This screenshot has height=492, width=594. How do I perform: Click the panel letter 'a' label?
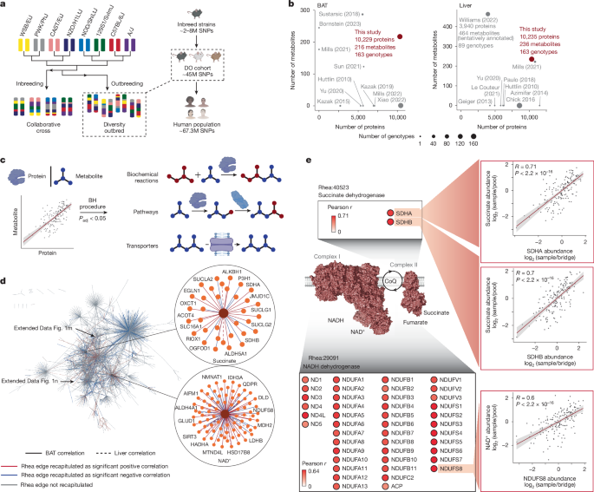(4, 6)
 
